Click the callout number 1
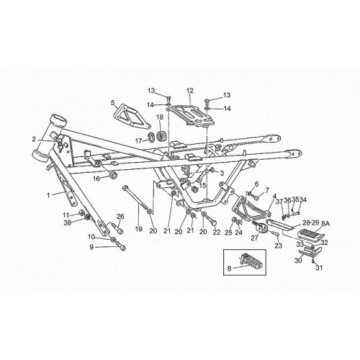[x=48, y=195]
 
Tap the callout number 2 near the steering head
[x=34, y=139]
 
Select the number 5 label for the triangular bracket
[x=113, y=103]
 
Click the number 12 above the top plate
[x=190, y=91]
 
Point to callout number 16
[x=96, y=179]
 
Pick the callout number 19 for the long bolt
[x=138, y=229]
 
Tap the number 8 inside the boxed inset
[x=229, y=269]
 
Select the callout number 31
[x=319, y=267]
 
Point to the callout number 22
[x=217, y=232]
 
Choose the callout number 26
[x=120, y=217]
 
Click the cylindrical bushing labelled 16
[x=113, y=175]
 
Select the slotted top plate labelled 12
[x=194, y=114]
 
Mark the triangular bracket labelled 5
[x=132, y=116]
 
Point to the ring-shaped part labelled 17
[x=151, y=137]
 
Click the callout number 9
[x=91, y=247]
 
